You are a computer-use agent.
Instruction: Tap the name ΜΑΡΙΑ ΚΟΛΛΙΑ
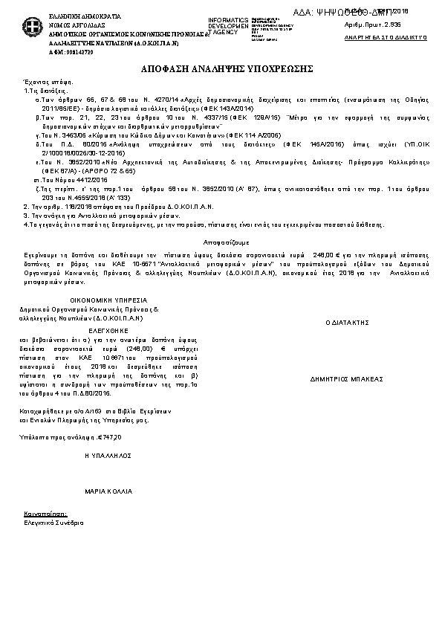108,492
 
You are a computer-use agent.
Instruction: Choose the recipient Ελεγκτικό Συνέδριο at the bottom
48,524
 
